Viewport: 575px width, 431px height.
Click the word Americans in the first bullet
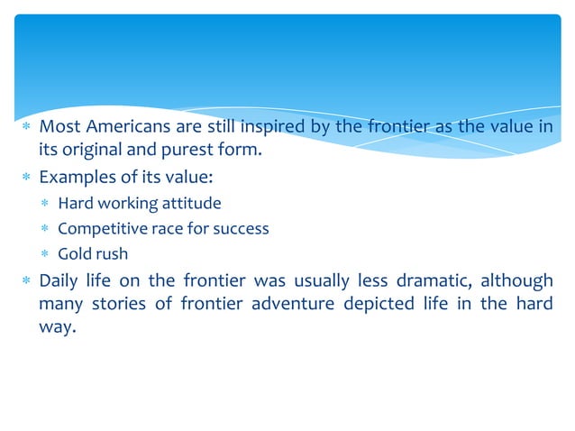click(117, 126)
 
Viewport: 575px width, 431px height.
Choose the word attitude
click(190, 203)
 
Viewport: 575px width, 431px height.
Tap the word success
click(242, 228)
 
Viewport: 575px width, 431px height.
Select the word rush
click(112, 253)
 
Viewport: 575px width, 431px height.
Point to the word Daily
click(59, 280)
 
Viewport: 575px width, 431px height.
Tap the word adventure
click(291, 303)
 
